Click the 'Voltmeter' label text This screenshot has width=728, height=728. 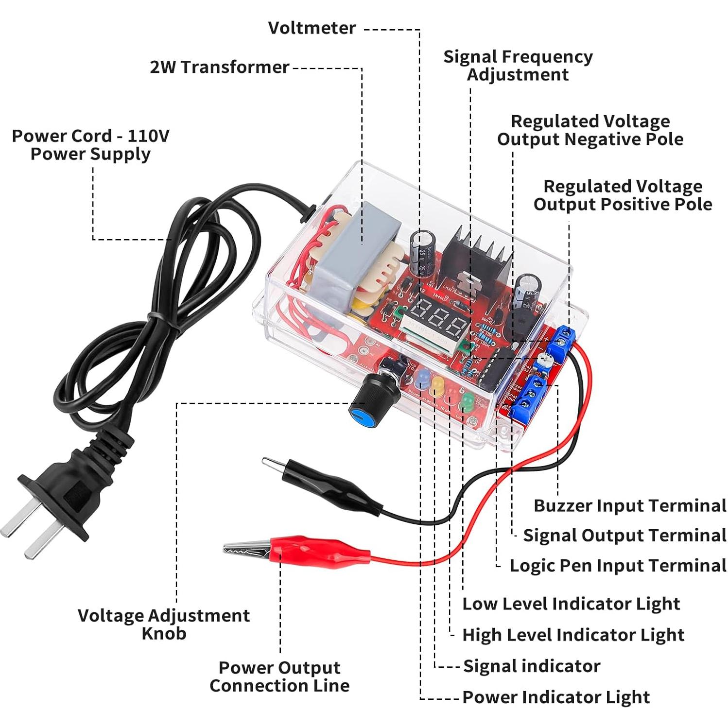312,28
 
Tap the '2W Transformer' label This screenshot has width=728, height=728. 219,67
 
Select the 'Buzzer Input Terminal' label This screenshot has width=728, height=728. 629,505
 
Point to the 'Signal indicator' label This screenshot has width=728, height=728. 531,666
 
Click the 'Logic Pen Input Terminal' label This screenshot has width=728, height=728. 617,566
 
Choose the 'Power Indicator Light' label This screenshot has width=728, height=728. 555,697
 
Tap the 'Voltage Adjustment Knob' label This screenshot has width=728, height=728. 164,624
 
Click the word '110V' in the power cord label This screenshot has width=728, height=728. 148,136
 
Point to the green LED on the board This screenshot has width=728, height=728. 468,402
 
